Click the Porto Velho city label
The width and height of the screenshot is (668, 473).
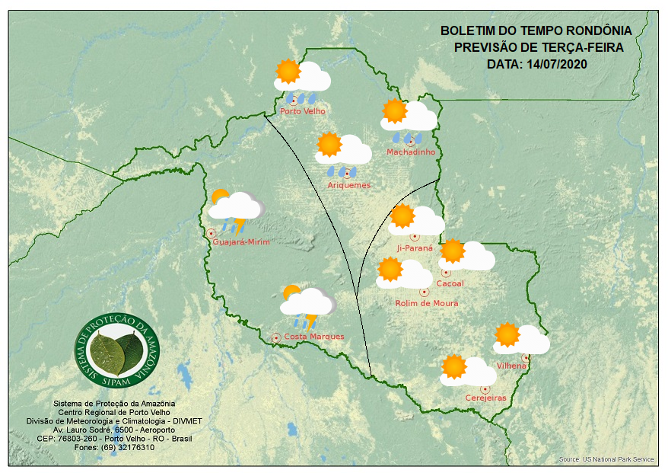tap(302, 111)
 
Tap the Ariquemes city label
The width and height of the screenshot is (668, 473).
tap(348, 185)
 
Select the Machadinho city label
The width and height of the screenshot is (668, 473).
tap(410, 152)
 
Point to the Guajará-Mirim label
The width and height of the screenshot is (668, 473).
tap(241, 242)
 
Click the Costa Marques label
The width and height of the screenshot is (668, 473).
tap(313, 337)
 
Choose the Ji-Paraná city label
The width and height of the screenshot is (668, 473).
tap(415, 248)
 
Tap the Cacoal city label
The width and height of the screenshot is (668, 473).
tap(450, 284)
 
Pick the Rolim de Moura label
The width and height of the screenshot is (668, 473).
tap(426, 303)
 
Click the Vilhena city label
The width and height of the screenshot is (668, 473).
tap(511, 366)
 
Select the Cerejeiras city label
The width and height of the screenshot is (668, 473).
tap(485, 398)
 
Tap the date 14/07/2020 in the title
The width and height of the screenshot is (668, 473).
tap(558, 64)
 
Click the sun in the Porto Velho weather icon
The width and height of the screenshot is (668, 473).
tap(288, 72)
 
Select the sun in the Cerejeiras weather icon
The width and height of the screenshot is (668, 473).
tap(454, 367)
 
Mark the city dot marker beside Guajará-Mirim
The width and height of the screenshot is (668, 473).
tap(211, 233)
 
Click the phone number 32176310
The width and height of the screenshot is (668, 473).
tap(132, 447)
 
